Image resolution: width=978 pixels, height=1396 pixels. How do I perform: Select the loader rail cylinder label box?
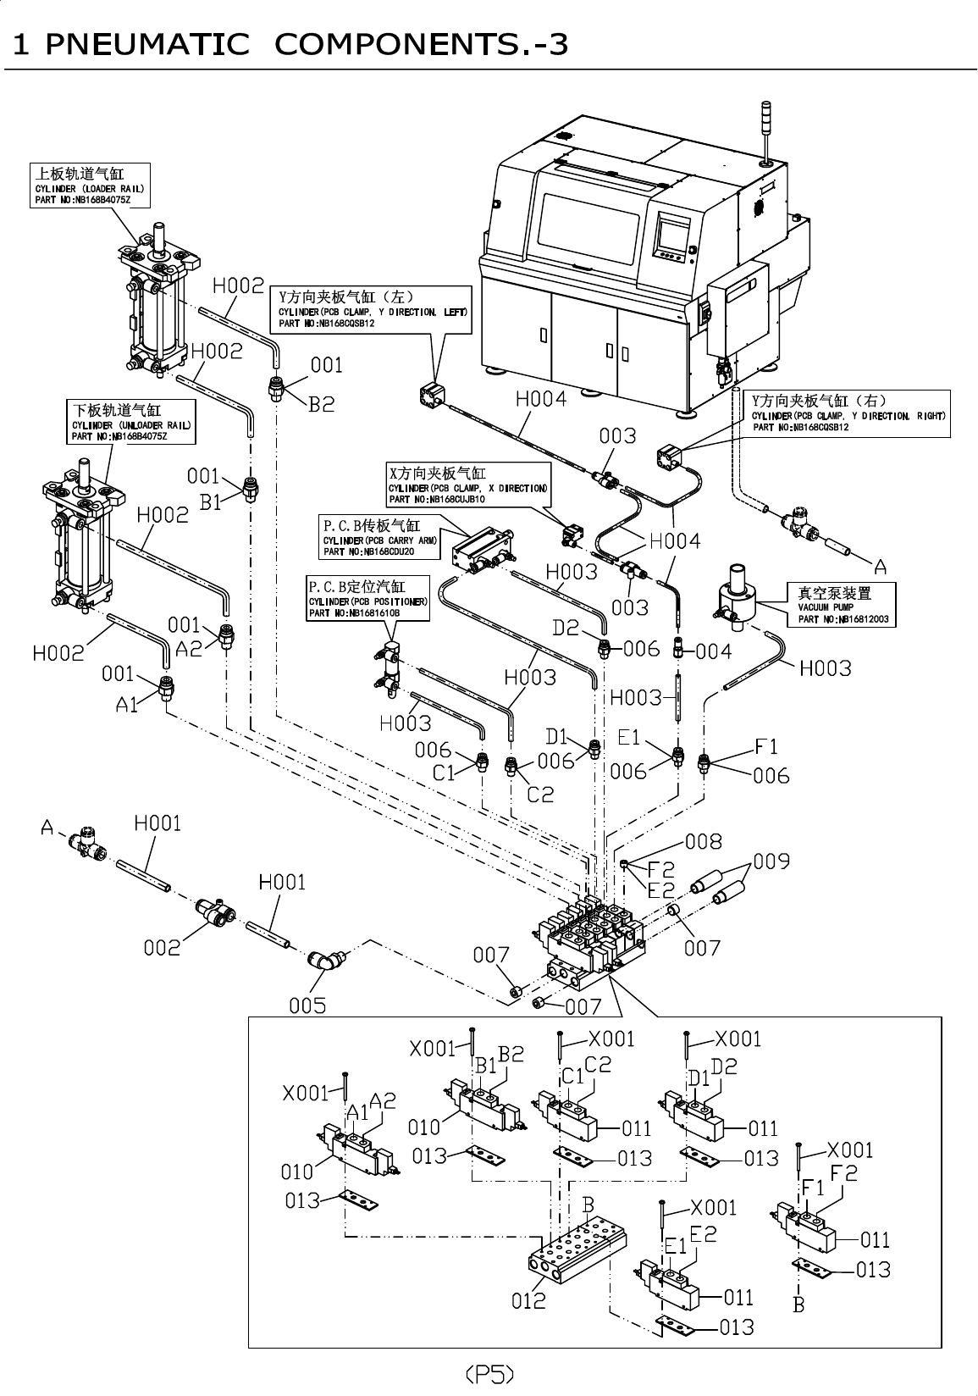point(91,186)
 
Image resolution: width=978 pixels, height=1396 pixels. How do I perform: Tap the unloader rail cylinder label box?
point(131,422)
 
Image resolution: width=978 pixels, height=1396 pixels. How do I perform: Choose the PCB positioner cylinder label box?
point(367,598)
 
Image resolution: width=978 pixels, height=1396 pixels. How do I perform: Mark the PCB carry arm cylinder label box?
point(380,538)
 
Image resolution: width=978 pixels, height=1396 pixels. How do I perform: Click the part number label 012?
point(528,1300)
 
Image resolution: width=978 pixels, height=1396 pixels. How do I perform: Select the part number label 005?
point(307,1005)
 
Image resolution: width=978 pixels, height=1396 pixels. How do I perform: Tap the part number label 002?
point(162,947)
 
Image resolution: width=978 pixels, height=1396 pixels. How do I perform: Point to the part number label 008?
point(703,841)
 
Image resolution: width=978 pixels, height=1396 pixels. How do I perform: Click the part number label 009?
point(771,861)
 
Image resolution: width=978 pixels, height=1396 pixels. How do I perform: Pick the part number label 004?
point(713,651)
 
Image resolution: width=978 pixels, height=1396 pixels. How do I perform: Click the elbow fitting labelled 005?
point(326,961)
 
